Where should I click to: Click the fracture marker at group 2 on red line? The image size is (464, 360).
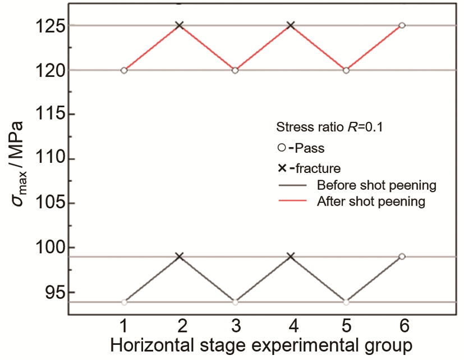point(180,25)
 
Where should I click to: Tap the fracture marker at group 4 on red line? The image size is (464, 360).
point(291,25)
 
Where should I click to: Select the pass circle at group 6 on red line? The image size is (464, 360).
point(402,25)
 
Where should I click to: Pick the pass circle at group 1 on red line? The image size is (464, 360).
point(124,70)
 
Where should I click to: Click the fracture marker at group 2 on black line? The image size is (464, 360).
point(180,257)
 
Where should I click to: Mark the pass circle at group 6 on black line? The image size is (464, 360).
point(402,257)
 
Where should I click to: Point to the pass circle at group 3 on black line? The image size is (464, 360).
point(235,302)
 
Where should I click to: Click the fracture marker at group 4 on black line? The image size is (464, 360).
point(291,257)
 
